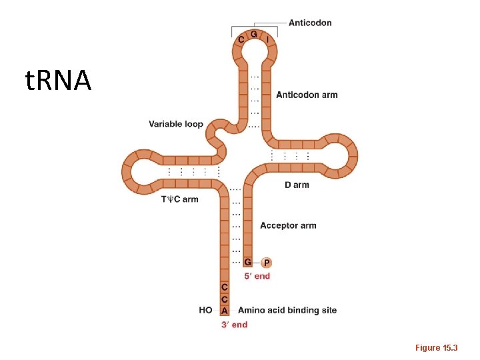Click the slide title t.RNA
58,81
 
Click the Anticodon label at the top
310,23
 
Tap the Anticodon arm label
307,95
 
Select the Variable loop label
175,124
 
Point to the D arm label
297,185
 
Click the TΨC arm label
180,199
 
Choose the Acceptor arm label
288,225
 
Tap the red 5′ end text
257,276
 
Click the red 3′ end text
234,325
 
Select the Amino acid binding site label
287,310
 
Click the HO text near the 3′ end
205,310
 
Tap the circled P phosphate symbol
267,263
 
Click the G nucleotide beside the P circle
248,263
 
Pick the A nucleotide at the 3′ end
225,310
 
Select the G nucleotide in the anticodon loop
254,34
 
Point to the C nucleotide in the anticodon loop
241,39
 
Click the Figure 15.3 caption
437,347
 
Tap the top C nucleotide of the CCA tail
225,287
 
